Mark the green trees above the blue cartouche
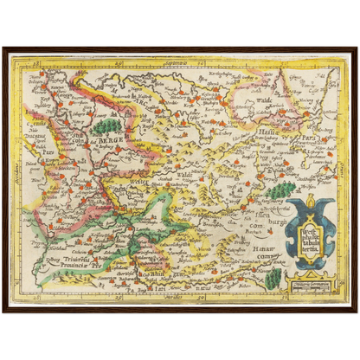coord(280,187)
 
